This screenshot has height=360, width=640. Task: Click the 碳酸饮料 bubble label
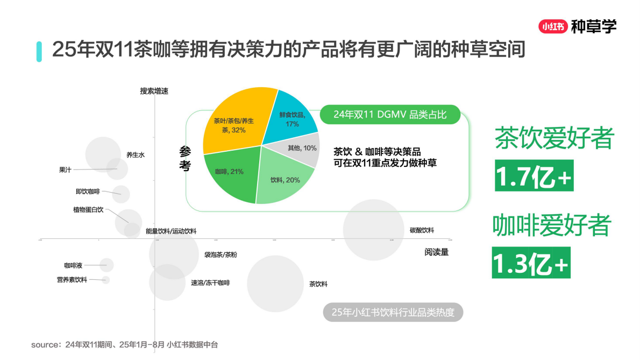click(x=422, y=230)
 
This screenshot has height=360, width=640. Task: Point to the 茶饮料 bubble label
click(x=318, y=284)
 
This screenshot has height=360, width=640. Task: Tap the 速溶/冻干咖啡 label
click(x=210, y=283)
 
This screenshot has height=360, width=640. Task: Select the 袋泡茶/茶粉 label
click(x=221, y=255)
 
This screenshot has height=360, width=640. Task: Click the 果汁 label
click(x=65, y=170)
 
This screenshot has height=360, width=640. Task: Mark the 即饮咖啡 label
click(x=88, y=191)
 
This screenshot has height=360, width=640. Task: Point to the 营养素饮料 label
click(x=72, y=280)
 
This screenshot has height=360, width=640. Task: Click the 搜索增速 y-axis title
click(x=154, y=91)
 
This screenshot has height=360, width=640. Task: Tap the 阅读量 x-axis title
click(x=436, y=251)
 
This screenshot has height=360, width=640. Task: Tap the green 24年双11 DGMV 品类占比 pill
click(x=390, y=115)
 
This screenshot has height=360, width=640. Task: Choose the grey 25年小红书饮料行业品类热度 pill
click(x=393, y=312)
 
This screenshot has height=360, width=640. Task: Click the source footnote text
click(x=124, y=344)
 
